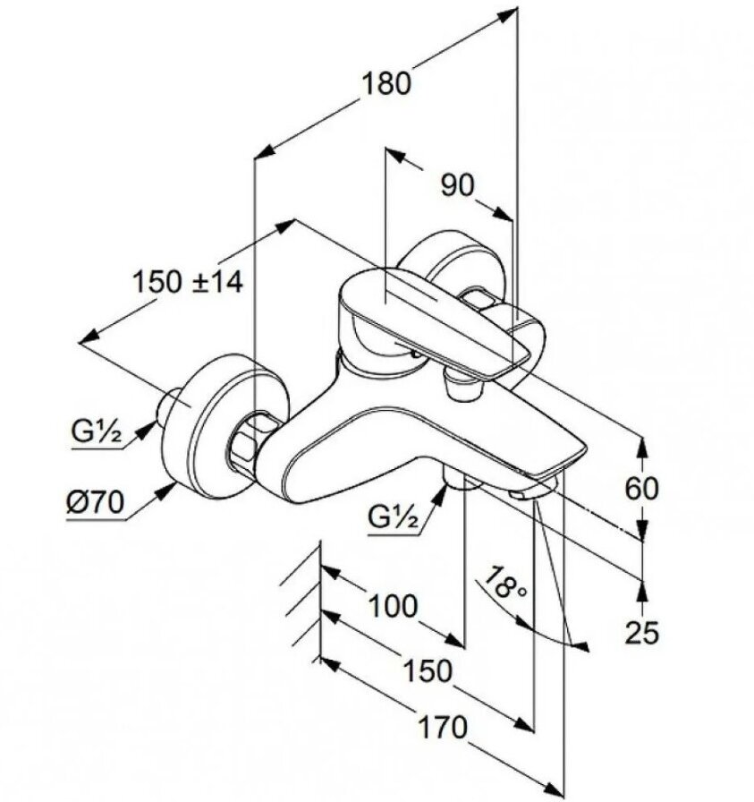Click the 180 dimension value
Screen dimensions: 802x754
(x=387, y=83)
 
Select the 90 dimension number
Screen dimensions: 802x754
(x=457, y=185)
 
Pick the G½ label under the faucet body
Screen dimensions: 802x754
(x=393, y=516)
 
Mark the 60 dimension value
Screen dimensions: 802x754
(x=640, y=488)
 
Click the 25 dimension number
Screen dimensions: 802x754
(x=640, y=633)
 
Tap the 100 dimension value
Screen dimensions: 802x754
(x=393, y=606)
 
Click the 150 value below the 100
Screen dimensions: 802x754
(x=427, y=670)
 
